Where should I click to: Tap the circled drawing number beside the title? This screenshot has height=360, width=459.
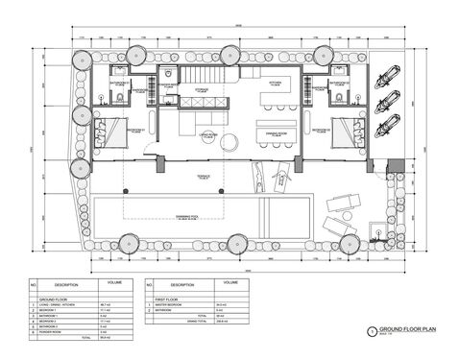373,330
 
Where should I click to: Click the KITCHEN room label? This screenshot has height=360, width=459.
273,83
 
